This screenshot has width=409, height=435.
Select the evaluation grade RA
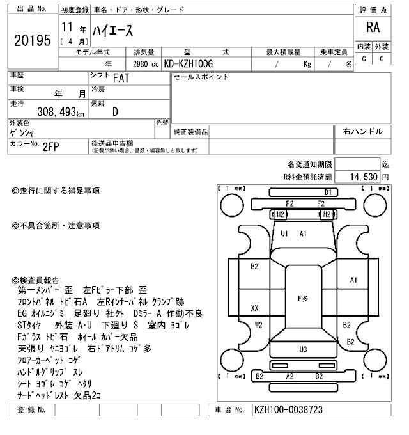(372, 28)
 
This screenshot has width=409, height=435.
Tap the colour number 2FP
(51, 146)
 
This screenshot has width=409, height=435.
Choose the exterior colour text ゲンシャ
(23, 133)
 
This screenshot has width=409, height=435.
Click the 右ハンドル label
(362, 131)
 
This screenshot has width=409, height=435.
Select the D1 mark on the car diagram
(328, 192)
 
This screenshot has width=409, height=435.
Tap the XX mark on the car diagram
(254, 308)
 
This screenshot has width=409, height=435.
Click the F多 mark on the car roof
(303, 299)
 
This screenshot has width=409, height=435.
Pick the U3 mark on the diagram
(303, 349)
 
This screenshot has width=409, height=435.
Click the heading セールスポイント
(201, 77)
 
